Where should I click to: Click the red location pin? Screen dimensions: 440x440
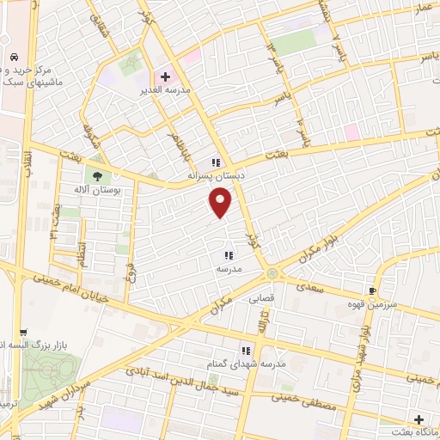[x=222, y=203]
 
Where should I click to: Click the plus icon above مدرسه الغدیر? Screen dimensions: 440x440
[x=165, y=76]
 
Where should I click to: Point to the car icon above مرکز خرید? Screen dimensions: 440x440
[x=15, y=56]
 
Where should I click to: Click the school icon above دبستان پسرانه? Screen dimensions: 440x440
[x=217, y=162]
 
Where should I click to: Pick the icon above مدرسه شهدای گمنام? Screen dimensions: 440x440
[x=246, y=351]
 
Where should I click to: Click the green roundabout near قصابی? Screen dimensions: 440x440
[x=272, y=273]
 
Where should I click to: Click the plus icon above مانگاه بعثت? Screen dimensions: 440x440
[x=419, y=420]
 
